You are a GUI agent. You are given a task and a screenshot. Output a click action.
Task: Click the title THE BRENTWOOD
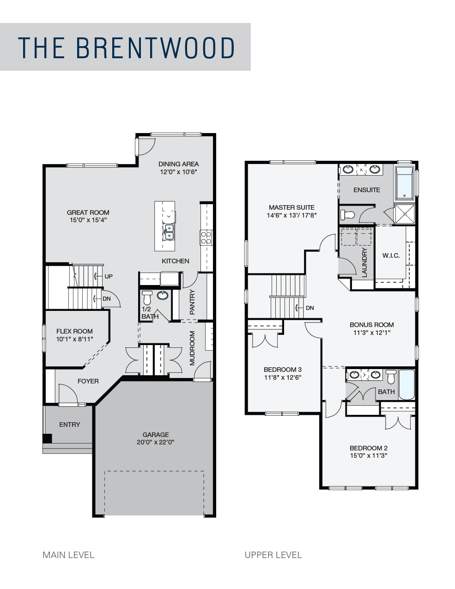(126, 48)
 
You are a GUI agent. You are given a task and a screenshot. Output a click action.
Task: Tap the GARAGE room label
(156, 435)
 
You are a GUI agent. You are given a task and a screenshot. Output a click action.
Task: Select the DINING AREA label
(179, 164)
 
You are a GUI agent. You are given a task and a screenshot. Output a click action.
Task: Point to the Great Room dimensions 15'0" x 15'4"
(88, 220)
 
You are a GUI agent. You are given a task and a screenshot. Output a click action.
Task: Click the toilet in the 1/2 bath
(147, 298)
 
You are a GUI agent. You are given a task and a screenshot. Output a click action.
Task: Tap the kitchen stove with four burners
(206, 237)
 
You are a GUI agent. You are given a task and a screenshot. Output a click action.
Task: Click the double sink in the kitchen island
(168, 232)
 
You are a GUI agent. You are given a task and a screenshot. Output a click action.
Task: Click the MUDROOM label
(193, 348)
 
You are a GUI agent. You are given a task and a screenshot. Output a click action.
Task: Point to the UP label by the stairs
(109, 276)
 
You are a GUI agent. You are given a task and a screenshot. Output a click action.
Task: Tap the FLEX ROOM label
(74, 331)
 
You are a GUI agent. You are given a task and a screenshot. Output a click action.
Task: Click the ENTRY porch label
(70, 425)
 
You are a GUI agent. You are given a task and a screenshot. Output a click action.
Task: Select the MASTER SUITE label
(291, 207)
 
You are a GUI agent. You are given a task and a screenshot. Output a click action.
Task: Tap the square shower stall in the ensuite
(405, 214)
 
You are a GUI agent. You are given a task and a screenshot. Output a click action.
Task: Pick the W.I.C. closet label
(391, 255)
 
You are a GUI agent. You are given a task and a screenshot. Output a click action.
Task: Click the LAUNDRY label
(364, 262)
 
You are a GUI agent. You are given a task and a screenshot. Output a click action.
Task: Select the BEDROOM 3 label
(283, 370)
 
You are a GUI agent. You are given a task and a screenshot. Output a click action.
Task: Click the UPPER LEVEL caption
(273, 555)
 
